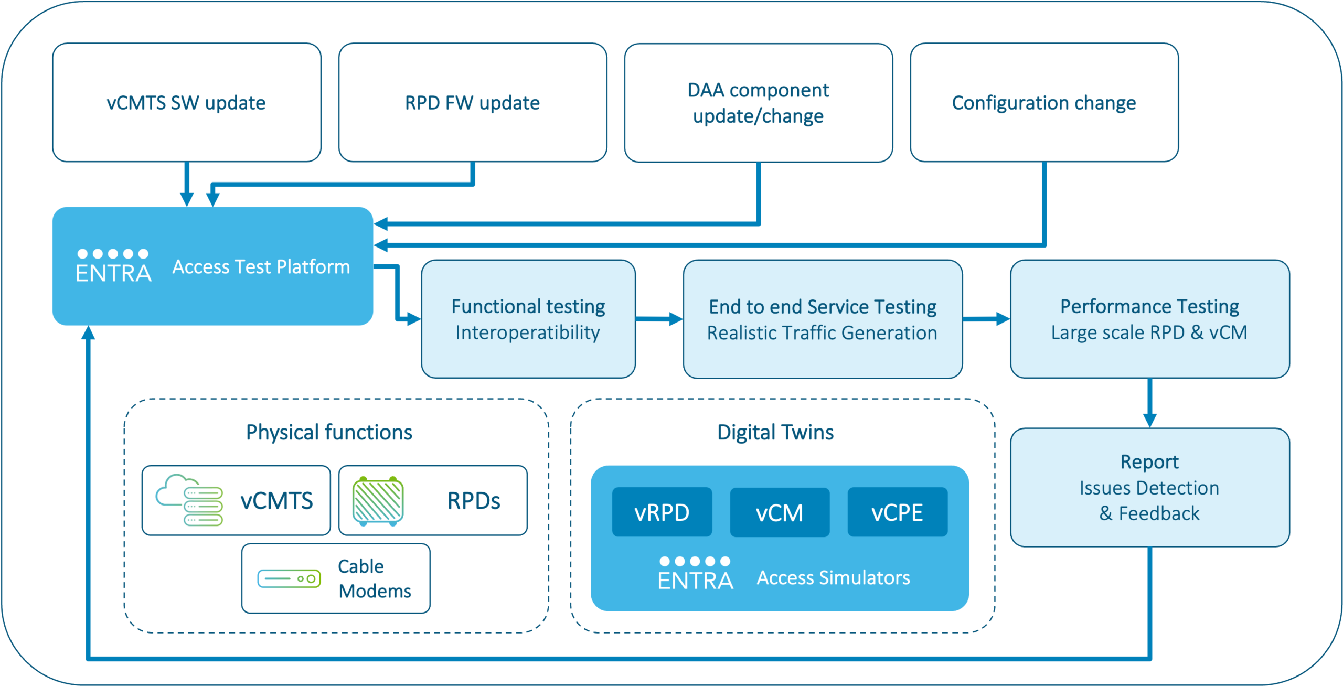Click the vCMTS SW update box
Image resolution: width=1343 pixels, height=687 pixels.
pos(186,103)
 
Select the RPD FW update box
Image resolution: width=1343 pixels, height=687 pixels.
pos(472,103)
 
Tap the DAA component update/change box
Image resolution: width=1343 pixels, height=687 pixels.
pos(758,103)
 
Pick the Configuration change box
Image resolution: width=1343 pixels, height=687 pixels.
pos(1044,103)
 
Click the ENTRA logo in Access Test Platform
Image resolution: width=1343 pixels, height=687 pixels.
pos(113,266)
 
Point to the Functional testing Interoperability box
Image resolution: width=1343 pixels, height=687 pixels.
pos(528,319)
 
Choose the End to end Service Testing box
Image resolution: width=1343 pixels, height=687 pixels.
pos(822,319)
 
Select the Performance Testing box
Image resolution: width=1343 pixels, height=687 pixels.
pos(1149,319)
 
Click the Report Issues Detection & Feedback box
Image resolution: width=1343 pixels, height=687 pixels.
pos(1149,487)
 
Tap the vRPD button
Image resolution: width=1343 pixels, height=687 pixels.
pos(662,512)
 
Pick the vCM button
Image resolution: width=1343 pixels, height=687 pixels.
pos(780,512)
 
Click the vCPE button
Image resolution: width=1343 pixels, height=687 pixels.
pos(897,512)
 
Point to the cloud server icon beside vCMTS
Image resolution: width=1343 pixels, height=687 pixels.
pos(189,500)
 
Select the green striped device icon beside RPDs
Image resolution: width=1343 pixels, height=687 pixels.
pos(378,500)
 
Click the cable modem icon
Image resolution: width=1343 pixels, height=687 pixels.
pos(289,578)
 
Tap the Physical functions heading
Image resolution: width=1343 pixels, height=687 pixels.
pos(329,433)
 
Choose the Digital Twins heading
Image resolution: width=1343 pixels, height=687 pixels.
pos(775,433)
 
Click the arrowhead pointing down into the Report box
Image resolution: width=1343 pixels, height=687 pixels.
pos(1149,420)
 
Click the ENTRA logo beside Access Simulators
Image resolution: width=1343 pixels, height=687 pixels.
pos(695,574)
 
